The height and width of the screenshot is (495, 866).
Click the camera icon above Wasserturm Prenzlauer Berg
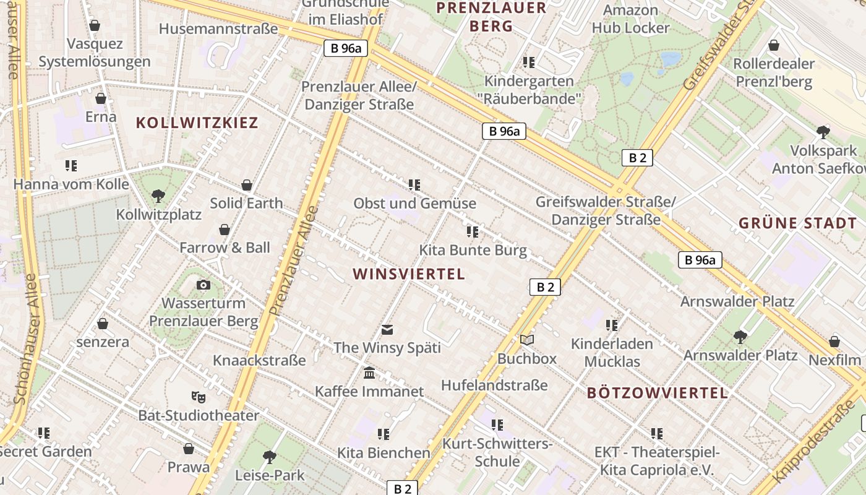pos(203,285)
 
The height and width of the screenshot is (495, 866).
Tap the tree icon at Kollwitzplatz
pos(158,196)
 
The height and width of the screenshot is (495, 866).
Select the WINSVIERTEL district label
pos(408,274)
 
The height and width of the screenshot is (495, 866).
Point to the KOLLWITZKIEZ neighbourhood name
pos(197,123)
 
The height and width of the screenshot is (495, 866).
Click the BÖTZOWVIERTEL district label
pos(657,392)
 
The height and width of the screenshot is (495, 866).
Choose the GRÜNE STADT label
pos(797,223)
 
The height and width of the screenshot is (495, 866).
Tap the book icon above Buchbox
pos(527,340)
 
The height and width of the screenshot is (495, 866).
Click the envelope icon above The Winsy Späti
pos(387,329)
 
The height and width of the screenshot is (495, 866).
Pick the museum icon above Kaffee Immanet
pos(369,372)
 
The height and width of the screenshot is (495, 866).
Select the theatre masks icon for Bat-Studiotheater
pos(198,396)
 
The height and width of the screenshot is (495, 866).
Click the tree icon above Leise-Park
pos(269,457)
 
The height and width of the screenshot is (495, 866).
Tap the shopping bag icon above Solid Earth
pos(246,185)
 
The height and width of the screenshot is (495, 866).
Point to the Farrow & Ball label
pos(225,247)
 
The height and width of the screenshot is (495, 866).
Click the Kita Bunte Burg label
pos(473,251)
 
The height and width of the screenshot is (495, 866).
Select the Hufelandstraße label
pos(494,385)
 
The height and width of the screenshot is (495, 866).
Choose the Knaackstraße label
pos(259,360)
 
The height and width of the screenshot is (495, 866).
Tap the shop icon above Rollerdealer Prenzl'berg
pos(773,45)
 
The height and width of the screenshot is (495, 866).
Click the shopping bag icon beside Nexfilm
pos(834,342)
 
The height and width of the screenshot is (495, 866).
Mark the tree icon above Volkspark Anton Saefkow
pos(823,132)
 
